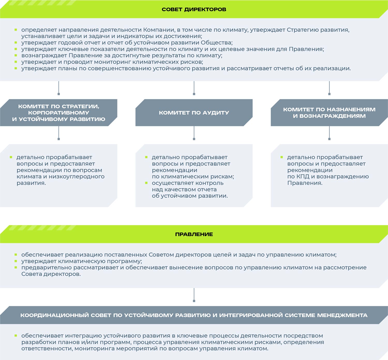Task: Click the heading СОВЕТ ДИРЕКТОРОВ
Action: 194,9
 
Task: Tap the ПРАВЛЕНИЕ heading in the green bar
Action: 194,234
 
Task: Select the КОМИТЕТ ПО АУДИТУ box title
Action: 194,113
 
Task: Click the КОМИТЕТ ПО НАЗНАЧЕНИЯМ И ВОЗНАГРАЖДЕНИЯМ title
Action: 329,113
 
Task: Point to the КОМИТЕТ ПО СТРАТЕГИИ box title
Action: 59,113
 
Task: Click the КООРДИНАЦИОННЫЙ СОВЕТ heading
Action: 194,315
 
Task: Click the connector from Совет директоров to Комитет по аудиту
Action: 194,88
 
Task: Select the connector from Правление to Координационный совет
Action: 194,295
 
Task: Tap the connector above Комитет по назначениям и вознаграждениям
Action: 329,88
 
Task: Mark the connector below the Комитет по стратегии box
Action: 59,133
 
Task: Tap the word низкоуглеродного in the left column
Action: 77,177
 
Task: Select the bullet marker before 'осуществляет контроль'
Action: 146,183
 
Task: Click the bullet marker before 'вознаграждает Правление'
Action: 16,55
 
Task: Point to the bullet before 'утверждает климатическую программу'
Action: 16,261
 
